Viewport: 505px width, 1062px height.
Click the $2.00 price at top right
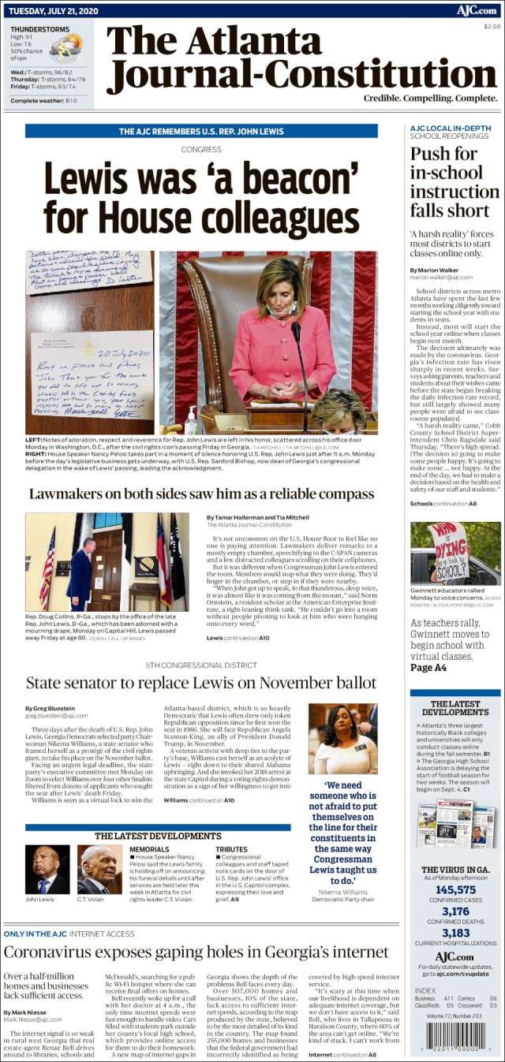click(491, 26)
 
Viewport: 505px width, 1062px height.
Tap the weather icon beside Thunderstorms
click(65, 47)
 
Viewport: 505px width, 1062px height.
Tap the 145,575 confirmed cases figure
click(455, 889)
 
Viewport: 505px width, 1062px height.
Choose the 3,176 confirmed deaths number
click(455, 911)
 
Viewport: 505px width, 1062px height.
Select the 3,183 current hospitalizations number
click(455, 933)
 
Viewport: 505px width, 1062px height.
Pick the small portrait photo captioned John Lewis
click(47, 869)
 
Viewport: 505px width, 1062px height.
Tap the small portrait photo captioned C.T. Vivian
click(99, 869)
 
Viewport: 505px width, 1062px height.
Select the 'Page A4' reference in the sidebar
click(428, 668)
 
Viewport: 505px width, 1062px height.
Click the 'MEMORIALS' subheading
click(148, 849)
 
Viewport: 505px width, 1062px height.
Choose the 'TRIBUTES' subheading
click(231, 849)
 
